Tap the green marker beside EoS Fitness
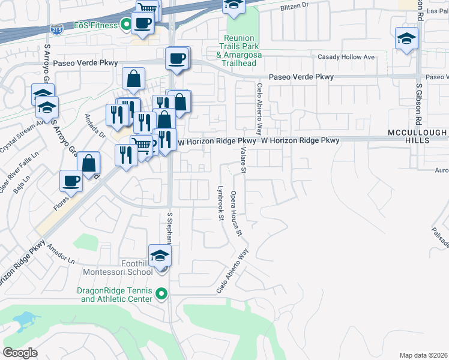tap(125, 25)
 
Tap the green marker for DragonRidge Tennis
tap(161, 294)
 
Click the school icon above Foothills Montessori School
tap(160, 256)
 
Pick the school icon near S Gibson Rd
tap(406, 39)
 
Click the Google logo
tap(20, 353)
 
